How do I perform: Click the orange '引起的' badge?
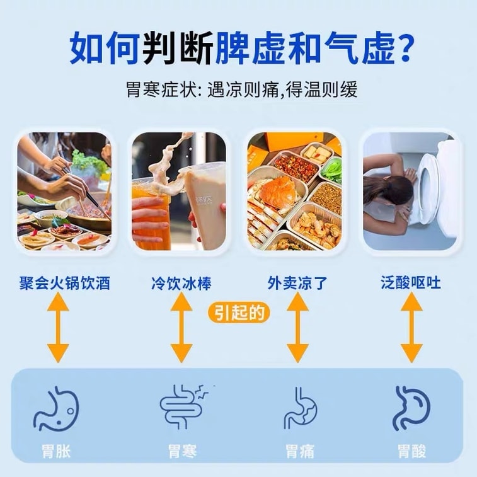239,313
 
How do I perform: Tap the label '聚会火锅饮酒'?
64,283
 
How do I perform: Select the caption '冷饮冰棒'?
181,283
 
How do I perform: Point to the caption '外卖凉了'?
297,283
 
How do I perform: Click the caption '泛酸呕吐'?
411,283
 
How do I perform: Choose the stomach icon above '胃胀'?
56,408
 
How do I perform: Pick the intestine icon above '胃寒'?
183,406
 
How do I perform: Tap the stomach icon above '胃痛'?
301,408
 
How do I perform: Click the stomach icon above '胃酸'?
411,408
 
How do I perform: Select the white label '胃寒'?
183,451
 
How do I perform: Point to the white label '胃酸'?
412,451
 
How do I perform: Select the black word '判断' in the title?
178,48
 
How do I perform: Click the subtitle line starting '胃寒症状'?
242,89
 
